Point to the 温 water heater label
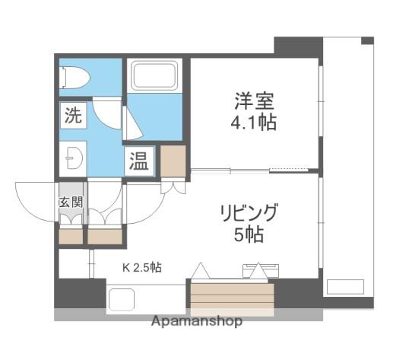138,161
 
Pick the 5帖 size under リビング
249,234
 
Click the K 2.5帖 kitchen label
142,267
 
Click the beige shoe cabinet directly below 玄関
71,237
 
